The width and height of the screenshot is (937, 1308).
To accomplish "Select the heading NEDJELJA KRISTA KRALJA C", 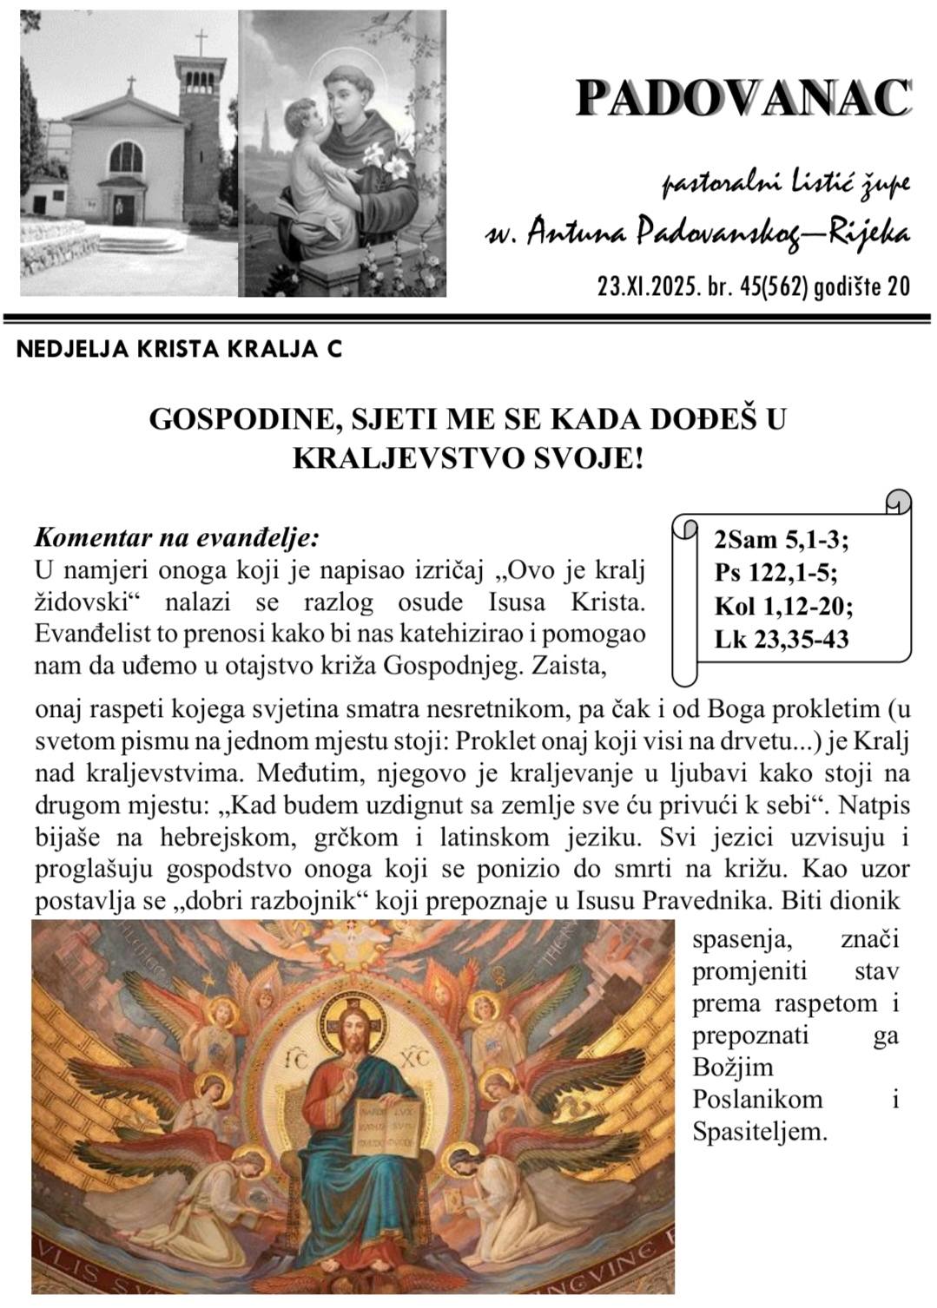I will pos(180,349).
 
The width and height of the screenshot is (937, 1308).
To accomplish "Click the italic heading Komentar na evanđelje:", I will pos(177,537).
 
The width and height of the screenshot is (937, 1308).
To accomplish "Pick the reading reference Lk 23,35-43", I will pos(782,640).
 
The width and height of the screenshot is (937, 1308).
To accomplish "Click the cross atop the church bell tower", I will pos(201,41).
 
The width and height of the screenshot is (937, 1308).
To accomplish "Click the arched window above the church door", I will pos(123,158).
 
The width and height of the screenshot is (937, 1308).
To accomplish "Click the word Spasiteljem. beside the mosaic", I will pos(760,1131).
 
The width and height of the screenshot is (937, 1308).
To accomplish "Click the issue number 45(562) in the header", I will pos(773,286).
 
